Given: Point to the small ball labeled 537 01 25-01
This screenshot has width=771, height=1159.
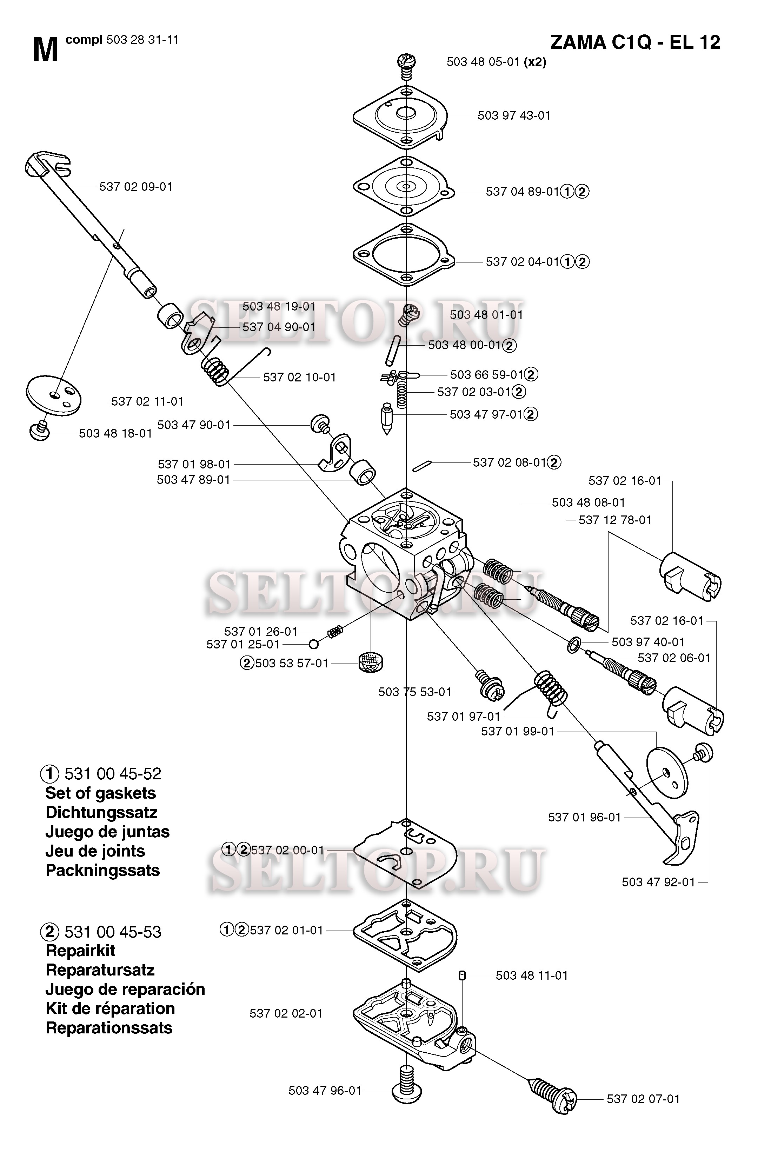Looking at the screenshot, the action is [x=314, y=644].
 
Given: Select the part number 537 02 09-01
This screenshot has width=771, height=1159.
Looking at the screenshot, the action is [x=136, y=187].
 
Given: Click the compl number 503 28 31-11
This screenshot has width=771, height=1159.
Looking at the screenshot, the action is [x=142, y=40].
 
